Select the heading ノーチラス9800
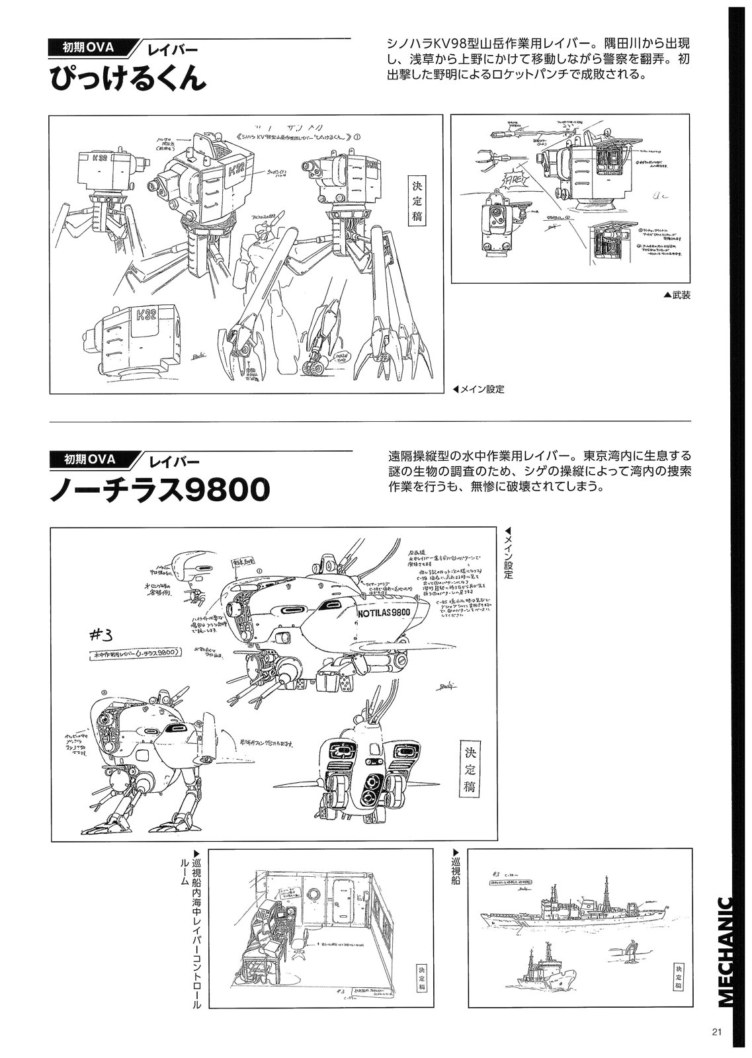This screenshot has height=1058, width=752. click(x=159, y=490)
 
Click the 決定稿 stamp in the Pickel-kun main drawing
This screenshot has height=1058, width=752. click(x=417, y=202)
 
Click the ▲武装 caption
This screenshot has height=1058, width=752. click(x=676, y=295)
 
